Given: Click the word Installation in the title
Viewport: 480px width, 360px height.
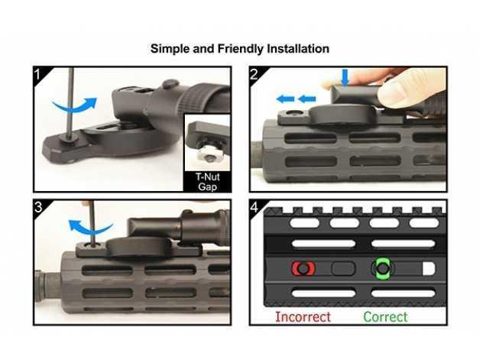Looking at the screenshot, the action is (x=298, y=49).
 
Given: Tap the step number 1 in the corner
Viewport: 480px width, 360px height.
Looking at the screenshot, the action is (x=37, y=74).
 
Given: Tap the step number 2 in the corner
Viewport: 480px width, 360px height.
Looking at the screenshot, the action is (x=255, y=74).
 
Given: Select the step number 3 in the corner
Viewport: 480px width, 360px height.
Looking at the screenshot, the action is (x=38, y=207).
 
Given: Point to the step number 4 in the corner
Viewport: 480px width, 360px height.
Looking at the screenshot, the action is (x=255, y=208).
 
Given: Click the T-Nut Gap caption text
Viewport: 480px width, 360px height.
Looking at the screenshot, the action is (x=208, y=182).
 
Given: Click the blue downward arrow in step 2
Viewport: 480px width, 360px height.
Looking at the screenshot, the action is (x=345, y=77).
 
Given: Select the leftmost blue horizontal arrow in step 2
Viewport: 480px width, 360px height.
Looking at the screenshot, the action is (x=285, y=99).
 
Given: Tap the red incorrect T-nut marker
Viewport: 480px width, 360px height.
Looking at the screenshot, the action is (x=303, y=268).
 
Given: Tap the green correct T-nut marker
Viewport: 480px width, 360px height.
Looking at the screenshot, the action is (x=382, y=268).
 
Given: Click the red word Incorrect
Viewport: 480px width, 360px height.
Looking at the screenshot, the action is (x=303, y=316).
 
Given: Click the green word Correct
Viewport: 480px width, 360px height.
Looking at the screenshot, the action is (x=385, y=316).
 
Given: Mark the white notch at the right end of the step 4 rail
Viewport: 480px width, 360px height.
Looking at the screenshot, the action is (x=429, y=268).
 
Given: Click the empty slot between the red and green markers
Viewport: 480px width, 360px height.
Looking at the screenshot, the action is (x=343, y=268).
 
